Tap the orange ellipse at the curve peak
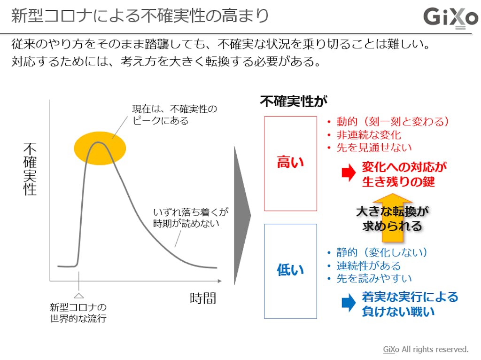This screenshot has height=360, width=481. pyautogui.click(x=100, y=148)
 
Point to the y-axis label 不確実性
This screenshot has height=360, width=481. pyautogui.click(x=30, y=169)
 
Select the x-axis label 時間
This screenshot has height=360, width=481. pyautogui.click(x=203, y=298)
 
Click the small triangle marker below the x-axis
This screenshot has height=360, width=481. pyautogui.click(x=79, y=295)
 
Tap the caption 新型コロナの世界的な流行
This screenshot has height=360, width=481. pyautogui.click(x=78, y=313)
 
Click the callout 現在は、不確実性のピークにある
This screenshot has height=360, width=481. pyautogui.click(x=175, y=115)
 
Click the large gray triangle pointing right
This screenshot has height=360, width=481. pyautogui.click(x=241, y=215)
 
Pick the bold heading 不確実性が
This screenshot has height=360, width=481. pyautogui.click(x=294, y=101)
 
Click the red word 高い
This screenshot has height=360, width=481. pyautogui.click(x=290, y=163)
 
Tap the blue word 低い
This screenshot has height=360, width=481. pyautogui.click(x=290, y=270)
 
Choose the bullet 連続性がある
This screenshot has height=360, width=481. pyautogui.click(x=368, y=266)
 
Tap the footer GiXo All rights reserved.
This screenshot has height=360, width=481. pyautogui.click(x=426, y=349)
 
